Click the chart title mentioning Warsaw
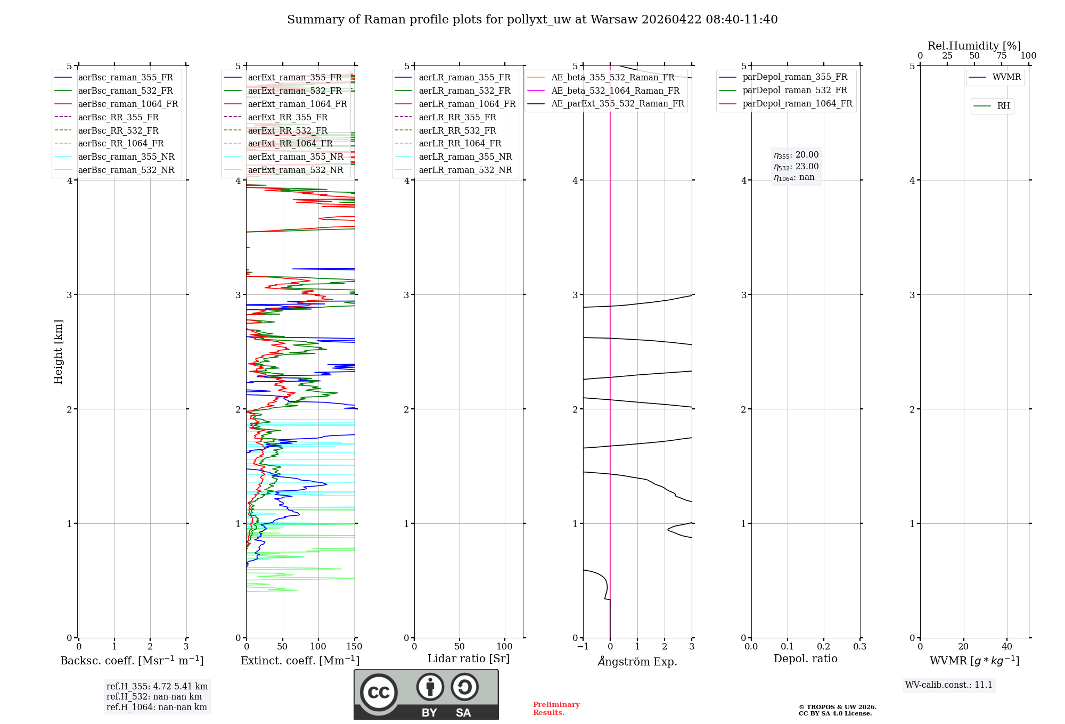tap(532, 20)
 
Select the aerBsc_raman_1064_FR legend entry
tap(128, 104)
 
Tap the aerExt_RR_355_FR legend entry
tap(288, 118)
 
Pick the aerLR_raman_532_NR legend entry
tap(465, 170)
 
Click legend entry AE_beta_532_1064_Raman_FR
tap(615, 91)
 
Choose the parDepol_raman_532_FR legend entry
tap(794, 90)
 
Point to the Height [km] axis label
tap(58, 352)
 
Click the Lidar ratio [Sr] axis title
tap(469, 659)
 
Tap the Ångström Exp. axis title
tap(637, 661)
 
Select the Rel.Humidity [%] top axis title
tap(974, 46)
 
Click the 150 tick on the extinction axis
tap(354, 647)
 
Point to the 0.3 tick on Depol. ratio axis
tap(859, 647)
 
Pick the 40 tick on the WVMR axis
tap(1006, 647)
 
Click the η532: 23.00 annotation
tap(796, 167)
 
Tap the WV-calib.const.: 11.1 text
tap(949, 685)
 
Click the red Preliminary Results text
tap(556, 709)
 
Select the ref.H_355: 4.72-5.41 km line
tap(157, 687)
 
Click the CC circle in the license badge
tap(379, 692)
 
